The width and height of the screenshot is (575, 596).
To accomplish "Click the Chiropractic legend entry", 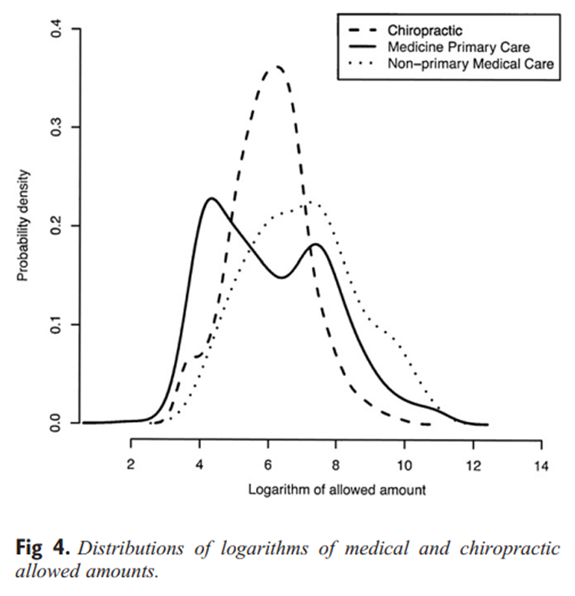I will tap(424, 31).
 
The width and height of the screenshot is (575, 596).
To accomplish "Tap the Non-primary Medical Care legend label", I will tap(470, 64).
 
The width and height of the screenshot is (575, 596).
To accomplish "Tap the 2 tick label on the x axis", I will tap(131, 464).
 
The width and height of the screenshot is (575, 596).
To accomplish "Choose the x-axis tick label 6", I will tap(268, 464).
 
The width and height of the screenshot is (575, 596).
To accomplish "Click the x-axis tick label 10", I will tap(404, 464).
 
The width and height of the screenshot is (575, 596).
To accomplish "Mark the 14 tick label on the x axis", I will tap(541, 464).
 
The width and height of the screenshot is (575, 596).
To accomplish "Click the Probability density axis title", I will tap(23, 227).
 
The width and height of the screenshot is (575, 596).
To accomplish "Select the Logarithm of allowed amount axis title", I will tap(335, 490).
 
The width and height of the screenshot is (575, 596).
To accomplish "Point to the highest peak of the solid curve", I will tap(211, 198).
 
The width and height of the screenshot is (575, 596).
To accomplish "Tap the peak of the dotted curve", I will tap(309, 202).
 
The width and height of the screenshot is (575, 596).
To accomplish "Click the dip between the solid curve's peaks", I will tap(281, 277).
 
